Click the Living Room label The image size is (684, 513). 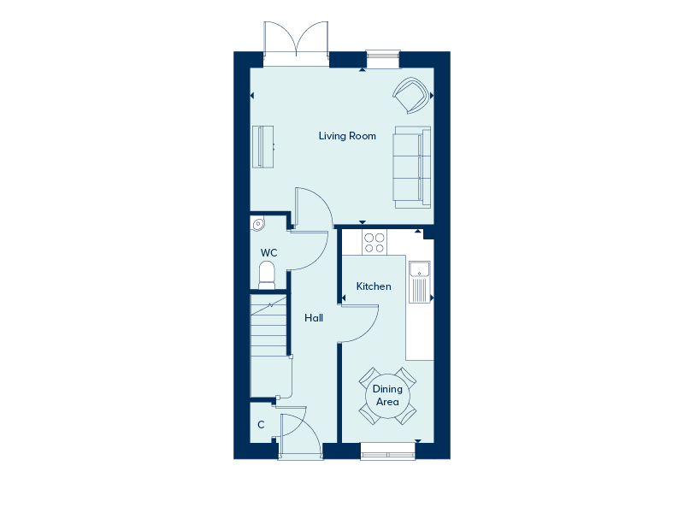[347, 136]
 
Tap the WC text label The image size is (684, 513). [268, 253]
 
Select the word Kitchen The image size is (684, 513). [374, 286]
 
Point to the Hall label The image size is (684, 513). [314, 317]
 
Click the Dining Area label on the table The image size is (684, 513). [387, 395]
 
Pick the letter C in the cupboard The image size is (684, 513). [261, 425]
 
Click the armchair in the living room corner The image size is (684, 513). [410, 94]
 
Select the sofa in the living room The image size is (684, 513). [411, 166]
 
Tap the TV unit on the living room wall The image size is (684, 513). [263, 146]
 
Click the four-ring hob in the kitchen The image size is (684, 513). [374, 243]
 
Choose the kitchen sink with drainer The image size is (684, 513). [420, 281]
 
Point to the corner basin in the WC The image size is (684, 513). [258, 224]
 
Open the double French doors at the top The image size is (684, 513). [296, 43]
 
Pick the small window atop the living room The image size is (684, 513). [381, 57]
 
